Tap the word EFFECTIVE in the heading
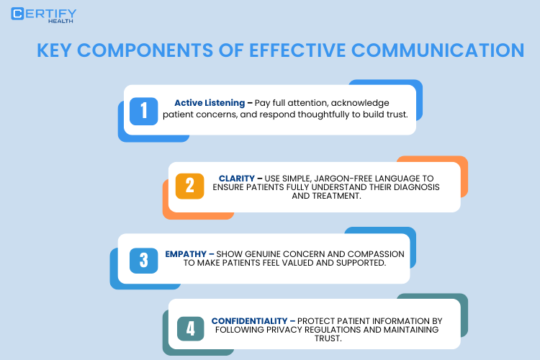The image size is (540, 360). (x=294, y=51)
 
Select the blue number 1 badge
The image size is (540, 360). (x=144, y=109)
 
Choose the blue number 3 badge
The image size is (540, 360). (x=144, y=259)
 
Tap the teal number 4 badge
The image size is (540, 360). (x=190, y=328)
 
